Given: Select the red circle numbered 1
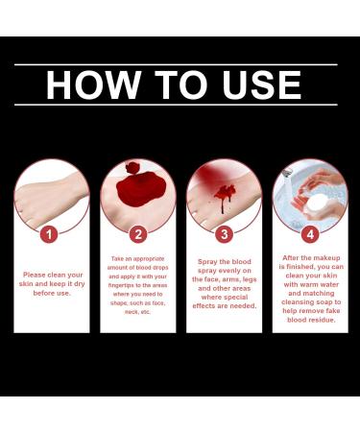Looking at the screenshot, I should coord(52,233).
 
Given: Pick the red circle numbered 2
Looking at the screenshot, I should coord(138,233).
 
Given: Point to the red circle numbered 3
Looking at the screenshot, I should coord(224,233).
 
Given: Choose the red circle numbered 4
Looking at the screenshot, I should coord(309,233).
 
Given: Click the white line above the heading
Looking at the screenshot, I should coord(180,64).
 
